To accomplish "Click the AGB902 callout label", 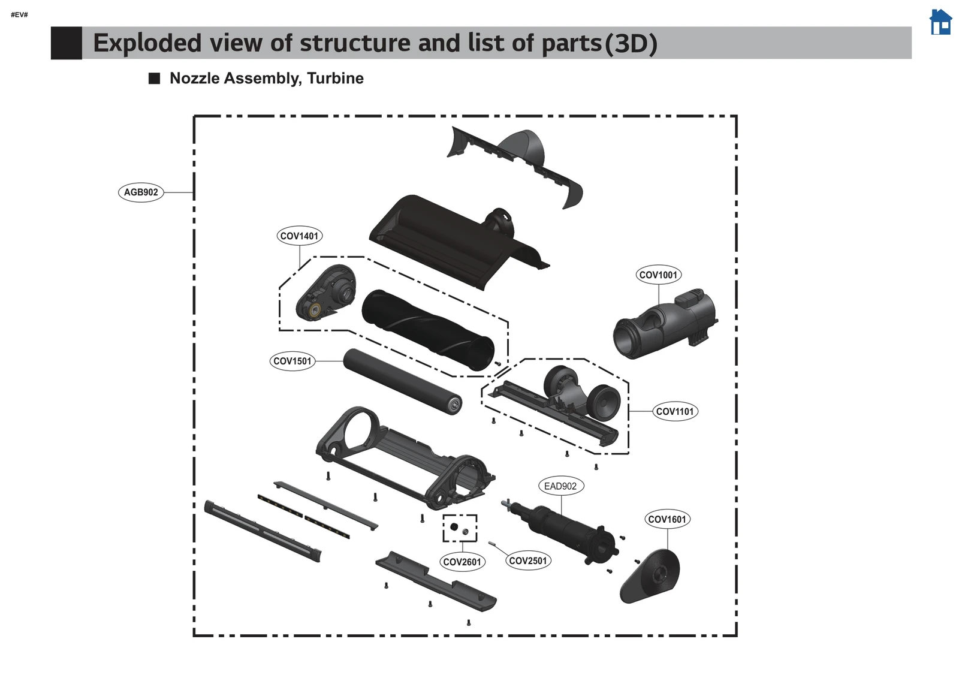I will click(x=141, y=192).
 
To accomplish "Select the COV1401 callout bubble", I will click(x=299, y=236).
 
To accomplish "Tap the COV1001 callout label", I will click(x=658, y=275).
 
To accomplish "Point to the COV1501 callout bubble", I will click(x=292, y=361).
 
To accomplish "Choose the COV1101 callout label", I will click(x=675, y=411).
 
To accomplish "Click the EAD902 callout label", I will click(x=560, y=486).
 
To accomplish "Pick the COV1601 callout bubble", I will click(x=667, y=519).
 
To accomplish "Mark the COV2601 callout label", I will click(x=462, y=562).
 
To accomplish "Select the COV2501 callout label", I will click(x=528, y=561).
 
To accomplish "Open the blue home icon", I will click(x=940, y=22).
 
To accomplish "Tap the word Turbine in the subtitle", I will click(x=335, y=79).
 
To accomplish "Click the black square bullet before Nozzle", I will click(x=155, y=79).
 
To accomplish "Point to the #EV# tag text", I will click(x=19, y=14).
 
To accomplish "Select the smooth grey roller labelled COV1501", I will click(x=402, y=381).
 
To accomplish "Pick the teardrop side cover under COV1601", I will click(x=652, y=576).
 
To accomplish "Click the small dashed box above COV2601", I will click(x=460, y=528).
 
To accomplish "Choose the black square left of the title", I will click(x=67, y=43).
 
